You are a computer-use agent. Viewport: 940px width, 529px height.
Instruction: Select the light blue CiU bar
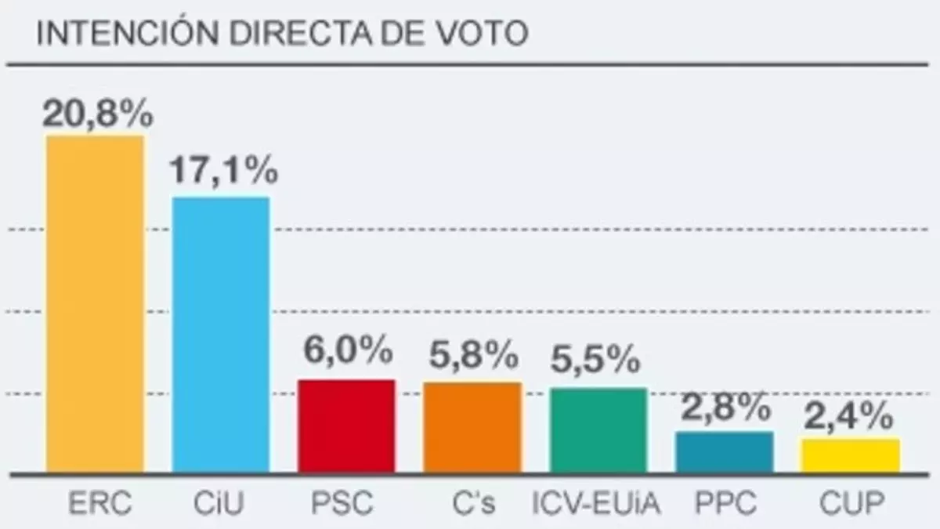tap(221, 335)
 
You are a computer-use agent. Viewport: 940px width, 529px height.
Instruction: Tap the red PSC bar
tap(346, 426)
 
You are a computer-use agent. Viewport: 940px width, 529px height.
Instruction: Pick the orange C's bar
tap(472, 428)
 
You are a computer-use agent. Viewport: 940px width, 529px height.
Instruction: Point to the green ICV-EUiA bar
tap(598, 430)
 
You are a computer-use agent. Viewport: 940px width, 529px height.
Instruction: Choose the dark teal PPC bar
tap(725, 452)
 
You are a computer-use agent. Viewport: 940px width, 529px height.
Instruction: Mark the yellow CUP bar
tap(851, 456)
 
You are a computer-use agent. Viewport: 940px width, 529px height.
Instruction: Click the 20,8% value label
tap(97, 114)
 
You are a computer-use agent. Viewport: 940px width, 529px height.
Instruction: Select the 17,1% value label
tap(223, 171)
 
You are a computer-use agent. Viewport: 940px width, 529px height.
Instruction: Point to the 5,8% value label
tap(473, 357)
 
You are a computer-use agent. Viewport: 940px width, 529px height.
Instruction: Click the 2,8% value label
tap(725, 408)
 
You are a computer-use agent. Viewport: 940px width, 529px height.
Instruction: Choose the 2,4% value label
tap(848, 416)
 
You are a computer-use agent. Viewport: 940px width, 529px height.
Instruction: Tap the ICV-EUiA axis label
tap(597, 502)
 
